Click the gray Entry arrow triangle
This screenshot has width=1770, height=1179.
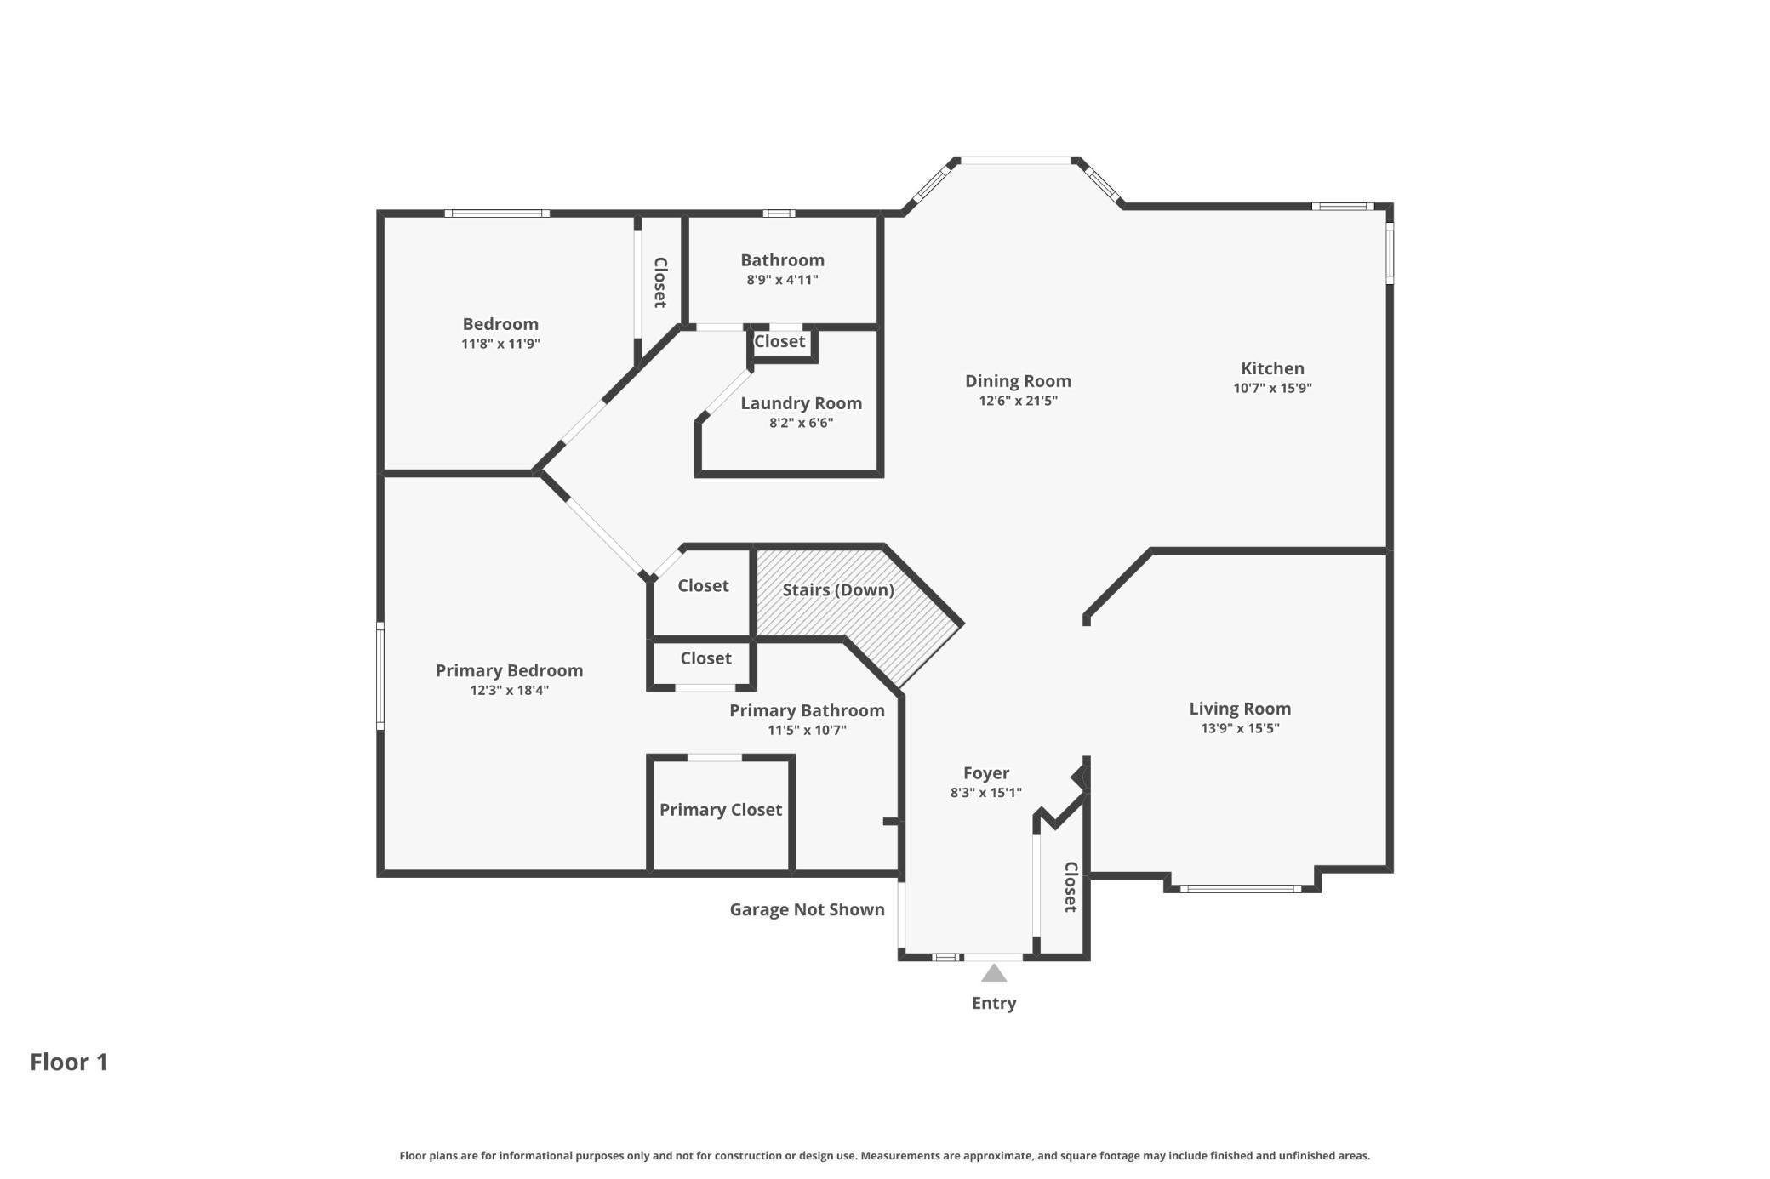993,973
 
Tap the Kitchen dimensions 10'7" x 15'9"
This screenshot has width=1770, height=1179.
1272,389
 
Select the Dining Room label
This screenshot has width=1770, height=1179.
1018,381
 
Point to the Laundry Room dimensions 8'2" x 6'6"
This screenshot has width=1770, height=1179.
801,423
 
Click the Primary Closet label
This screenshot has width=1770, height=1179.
720,810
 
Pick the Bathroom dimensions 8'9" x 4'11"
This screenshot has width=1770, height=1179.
782,280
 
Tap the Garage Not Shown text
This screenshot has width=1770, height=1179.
807,909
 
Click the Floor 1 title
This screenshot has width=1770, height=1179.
69,1062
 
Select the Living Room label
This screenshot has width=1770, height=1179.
1239,709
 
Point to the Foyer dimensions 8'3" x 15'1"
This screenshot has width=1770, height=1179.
985,793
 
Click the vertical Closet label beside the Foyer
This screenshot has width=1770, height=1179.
1071,886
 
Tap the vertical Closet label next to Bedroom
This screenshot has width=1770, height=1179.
659,282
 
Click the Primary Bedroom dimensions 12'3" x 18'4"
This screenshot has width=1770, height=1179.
509,691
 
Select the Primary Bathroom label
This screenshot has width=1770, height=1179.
806,710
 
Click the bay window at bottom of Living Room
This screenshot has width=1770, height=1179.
1240,889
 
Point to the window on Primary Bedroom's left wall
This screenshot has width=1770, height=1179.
380,675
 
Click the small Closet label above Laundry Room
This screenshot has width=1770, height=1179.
779,341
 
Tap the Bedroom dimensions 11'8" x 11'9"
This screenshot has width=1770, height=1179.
500,345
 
